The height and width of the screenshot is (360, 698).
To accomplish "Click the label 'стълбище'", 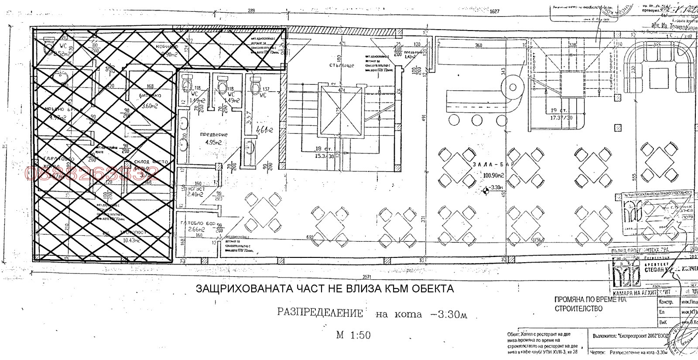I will tap(342, 65).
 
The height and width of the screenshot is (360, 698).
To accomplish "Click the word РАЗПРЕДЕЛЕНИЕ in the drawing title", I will tap(320, 313).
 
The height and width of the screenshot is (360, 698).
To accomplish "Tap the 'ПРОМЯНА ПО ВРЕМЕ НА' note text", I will tap(590, 300).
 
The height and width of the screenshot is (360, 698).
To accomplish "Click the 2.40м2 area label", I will tap(195, 195).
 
